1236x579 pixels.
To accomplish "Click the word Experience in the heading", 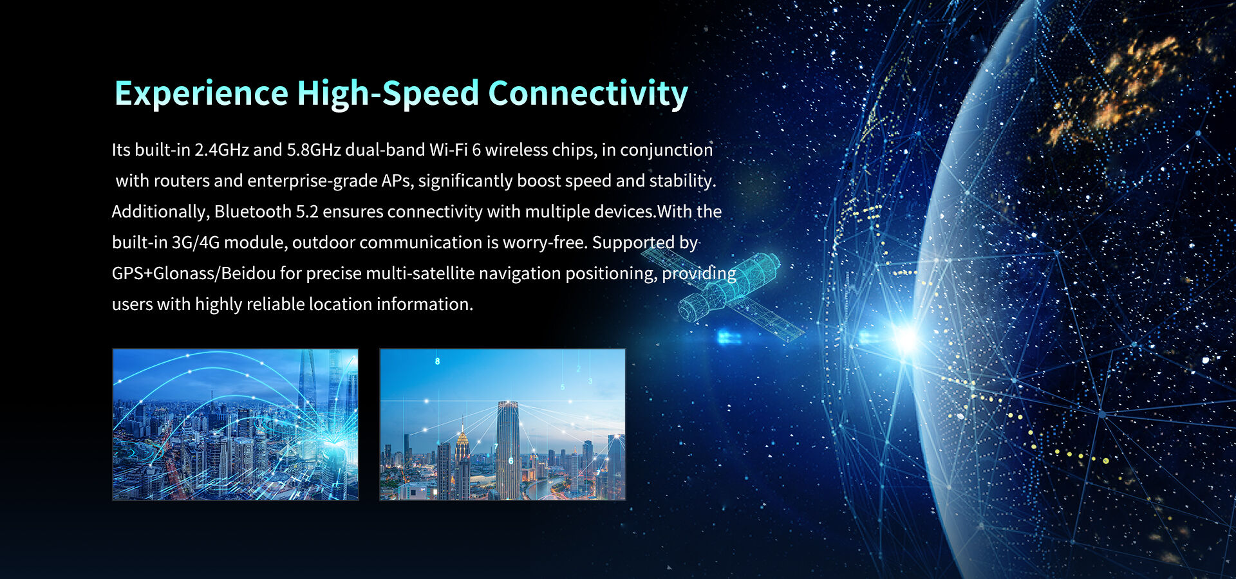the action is point(201,94).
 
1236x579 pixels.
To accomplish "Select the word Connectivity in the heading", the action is point(588,94).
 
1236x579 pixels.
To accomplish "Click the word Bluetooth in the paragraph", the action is point(253,212).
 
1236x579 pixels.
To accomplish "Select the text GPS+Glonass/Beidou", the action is point(194,273).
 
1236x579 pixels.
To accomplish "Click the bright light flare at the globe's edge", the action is point(906,338).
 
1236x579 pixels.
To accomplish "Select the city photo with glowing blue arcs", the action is point(236,425).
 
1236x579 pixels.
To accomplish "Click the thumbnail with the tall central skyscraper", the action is point(503,425).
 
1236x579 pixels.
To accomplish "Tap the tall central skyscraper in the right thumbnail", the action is point(507,450).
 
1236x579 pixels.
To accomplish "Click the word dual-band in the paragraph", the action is point(385,150).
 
